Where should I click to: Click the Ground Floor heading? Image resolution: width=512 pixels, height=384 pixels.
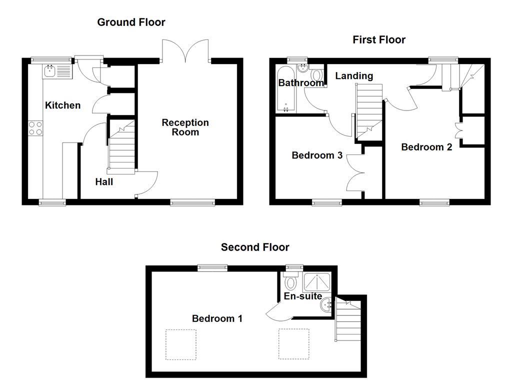131,22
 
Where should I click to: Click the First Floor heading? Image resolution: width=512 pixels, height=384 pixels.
379,39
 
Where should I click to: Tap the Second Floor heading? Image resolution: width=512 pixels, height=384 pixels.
255,247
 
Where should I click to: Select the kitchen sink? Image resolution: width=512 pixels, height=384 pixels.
57,71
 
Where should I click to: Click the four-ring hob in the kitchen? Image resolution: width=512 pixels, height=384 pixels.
35,128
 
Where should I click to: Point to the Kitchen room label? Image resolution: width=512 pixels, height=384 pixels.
62,105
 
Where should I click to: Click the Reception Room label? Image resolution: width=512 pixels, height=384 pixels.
185,127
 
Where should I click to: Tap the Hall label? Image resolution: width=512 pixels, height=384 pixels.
104,182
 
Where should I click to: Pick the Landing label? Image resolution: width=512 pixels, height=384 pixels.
354,76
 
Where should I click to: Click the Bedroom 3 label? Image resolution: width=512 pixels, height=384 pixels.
317,155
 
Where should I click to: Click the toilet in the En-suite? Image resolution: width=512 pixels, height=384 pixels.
291,282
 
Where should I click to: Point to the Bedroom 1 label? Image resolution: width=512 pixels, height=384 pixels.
217,318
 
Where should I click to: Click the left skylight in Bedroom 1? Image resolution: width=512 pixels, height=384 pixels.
181,344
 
